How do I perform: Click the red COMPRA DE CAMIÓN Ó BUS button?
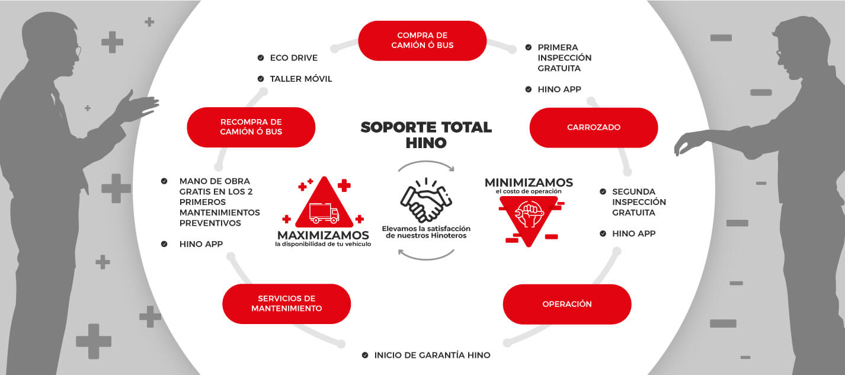(x=422, y=40)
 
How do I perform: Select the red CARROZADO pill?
(x=594, y=127)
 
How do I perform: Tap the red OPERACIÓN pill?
(x=567, y=304)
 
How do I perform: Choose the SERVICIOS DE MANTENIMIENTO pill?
(x=287, y=304)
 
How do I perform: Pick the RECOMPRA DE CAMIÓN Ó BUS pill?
(x=251, y=127)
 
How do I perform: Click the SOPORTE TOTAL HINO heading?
(x=426, y=135)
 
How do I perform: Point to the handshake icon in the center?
(x=426, y=200)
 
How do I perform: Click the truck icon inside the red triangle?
(x=324, y=213)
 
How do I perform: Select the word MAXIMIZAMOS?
(x=324, y=235)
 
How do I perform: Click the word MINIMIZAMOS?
(x=529, y=182)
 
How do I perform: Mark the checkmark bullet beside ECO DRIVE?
(x=261, y=57)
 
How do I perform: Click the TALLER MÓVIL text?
(x=301, y=79)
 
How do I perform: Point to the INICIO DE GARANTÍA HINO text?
(x=433, y=355)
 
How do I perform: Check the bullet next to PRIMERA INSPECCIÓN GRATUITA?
(x=529, y=47)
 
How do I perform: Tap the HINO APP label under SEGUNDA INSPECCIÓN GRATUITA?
(x=634, y=233)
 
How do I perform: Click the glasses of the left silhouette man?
(x=78, y=51)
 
